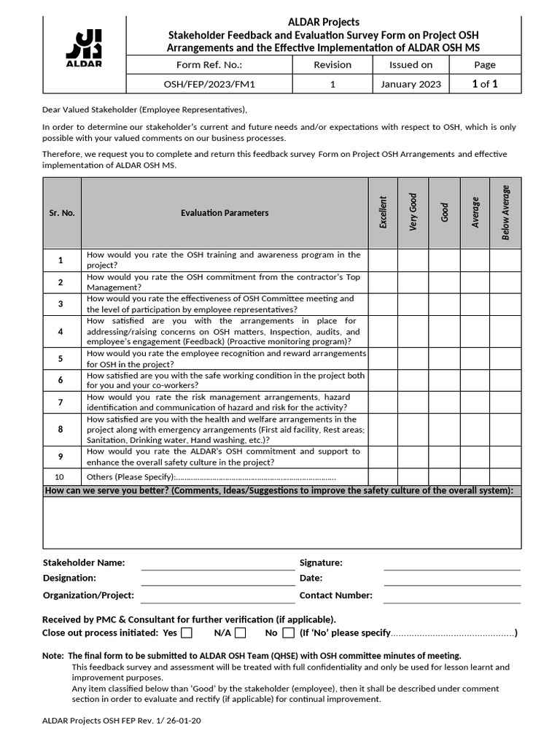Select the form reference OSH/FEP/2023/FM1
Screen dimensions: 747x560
[209, 85]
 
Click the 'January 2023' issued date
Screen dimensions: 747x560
[411, 85]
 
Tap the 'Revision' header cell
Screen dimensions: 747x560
[332, 65]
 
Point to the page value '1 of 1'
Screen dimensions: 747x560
[485, 84]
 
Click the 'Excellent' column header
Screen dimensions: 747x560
[383, 212]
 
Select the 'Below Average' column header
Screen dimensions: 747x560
[505, 212]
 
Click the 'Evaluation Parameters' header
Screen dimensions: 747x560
[225, 213]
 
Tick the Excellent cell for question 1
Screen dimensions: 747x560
[383, 260]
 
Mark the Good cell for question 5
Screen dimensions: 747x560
[444, 359]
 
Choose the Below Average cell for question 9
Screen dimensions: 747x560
[505, 457]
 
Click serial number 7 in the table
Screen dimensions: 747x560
[61, 403]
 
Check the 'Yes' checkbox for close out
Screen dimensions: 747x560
[187, 632]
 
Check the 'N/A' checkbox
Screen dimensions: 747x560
[240, 632]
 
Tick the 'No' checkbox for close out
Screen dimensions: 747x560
[288, 632]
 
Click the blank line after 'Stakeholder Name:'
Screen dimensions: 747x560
[217, 563]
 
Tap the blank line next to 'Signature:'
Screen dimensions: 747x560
[451, 563]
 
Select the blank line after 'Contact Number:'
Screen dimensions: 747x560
[451, 596]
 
